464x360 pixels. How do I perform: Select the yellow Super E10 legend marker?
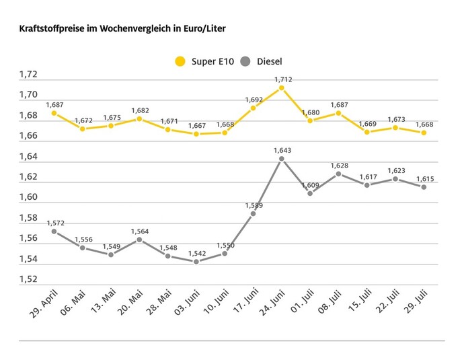pos(180,62)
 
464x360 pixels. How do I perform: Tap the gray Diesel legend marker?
pos(245,62)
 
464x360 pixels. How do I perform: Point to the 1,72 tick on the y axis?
pos(28,75)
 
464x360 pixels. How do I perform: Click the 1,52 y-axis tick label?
pos(28,280)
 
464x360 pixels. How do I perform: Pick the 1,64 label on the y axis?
pos(28,157)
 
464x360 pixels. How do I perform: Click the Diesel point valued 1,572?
pos(54,231)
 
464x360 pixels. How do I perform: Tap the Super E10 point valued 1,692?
pos(253,108)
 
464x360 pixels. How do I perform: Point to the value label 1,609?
pos(310,184)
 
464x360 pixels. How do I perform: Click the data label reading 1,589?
pos(253,205)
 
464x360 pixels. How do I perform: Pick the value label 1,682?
pos(140,110)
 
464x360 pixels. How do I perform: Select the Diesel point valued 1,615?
pos(424,187)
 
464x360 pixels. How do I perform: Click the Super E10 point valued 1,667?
pos(196,134)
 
